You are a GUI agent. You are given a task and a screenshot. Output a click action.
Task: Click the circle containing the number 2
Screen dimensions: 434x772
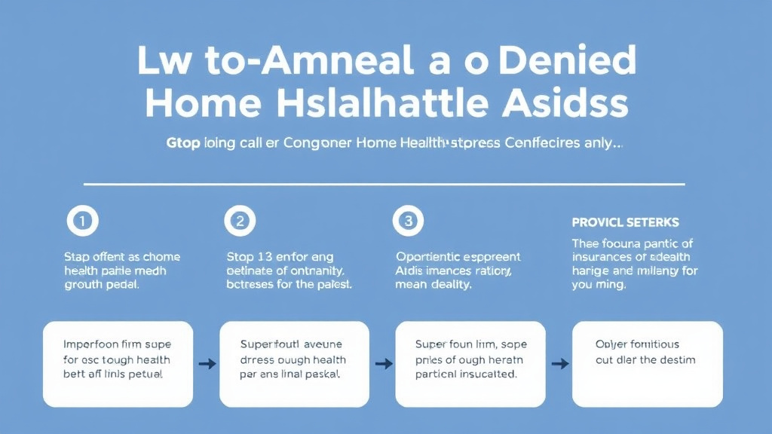(x=240, y=221)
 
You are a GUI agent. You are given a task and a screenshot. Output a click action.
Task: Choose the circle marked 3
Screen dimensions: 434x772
(x=409, y=221)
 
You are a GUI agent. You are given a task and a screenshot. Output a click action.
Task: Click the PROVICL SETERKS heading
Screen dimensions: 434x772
(x=625, y=222)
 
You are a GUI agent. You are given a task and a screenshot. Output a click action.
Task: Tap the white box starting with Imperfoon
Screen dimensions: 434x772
(x=118, y=364)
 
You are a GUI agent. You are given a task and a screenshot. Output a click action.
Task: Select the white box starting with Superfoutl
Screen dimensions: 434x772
(x=294, y=364)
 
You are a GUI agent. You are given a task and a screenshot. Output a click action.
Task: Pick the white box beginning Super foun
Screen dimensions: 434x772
(x=470, y=364)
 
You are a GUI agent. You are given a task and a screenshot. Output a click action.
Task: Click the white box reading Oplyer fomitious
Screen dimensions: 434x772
(x=647, y=364)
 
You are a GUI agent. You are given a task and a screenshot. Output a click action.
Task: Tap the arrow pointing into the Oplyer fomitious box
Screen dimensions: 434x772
(x=559, y=364)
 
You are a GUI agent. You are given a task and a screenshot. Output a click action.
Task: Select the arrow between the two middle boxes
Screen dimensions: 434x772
(x=383, y=364)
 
